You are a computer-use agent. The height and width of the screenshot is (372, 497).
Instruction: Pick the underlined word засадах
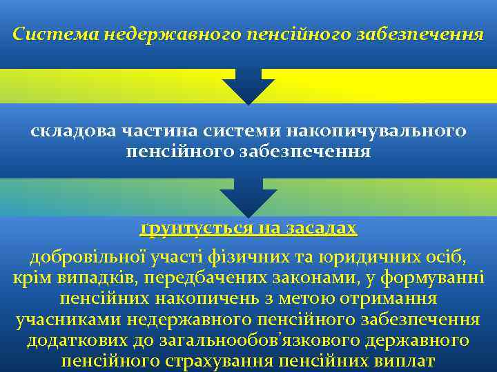coord(322,229)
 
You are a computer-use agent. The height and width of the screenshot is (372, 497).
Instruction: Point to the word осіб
coord(449,258)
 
